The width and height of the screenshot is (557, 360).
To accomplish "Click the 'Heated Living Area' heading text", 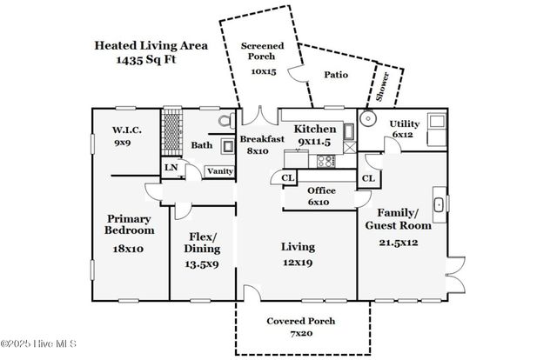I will (x=151, y=45).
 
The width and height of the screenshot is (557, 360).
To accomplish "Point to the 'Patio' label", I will (x=335, y=75).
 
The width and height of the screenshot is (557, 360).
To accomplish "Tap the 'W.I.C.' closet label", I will (x=126, y=130).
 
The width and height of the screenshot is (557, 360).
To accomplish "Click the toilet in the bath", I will (x=225, y=123).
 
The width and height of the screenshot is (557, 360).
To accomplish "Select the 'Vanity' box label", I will (x=219, y=171).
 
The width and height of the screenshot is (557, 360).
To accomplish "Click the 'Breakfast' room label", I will (x=263, y=139).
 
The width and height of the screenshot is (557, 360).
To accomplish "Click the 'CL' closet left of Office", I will (x=286, y=178).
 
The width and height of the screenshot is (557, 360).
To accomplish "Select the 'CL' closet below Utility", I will (x=368, y=178).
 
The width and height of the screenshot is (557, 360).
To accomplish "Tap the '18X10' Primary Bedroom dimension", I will (x=129, y=249).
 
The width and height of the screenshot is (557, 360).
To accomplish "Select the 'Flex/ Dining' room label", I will (x=201, y=242).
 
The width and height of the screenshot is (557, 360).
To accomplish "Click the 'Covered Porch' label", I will (x=300, y=321).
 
